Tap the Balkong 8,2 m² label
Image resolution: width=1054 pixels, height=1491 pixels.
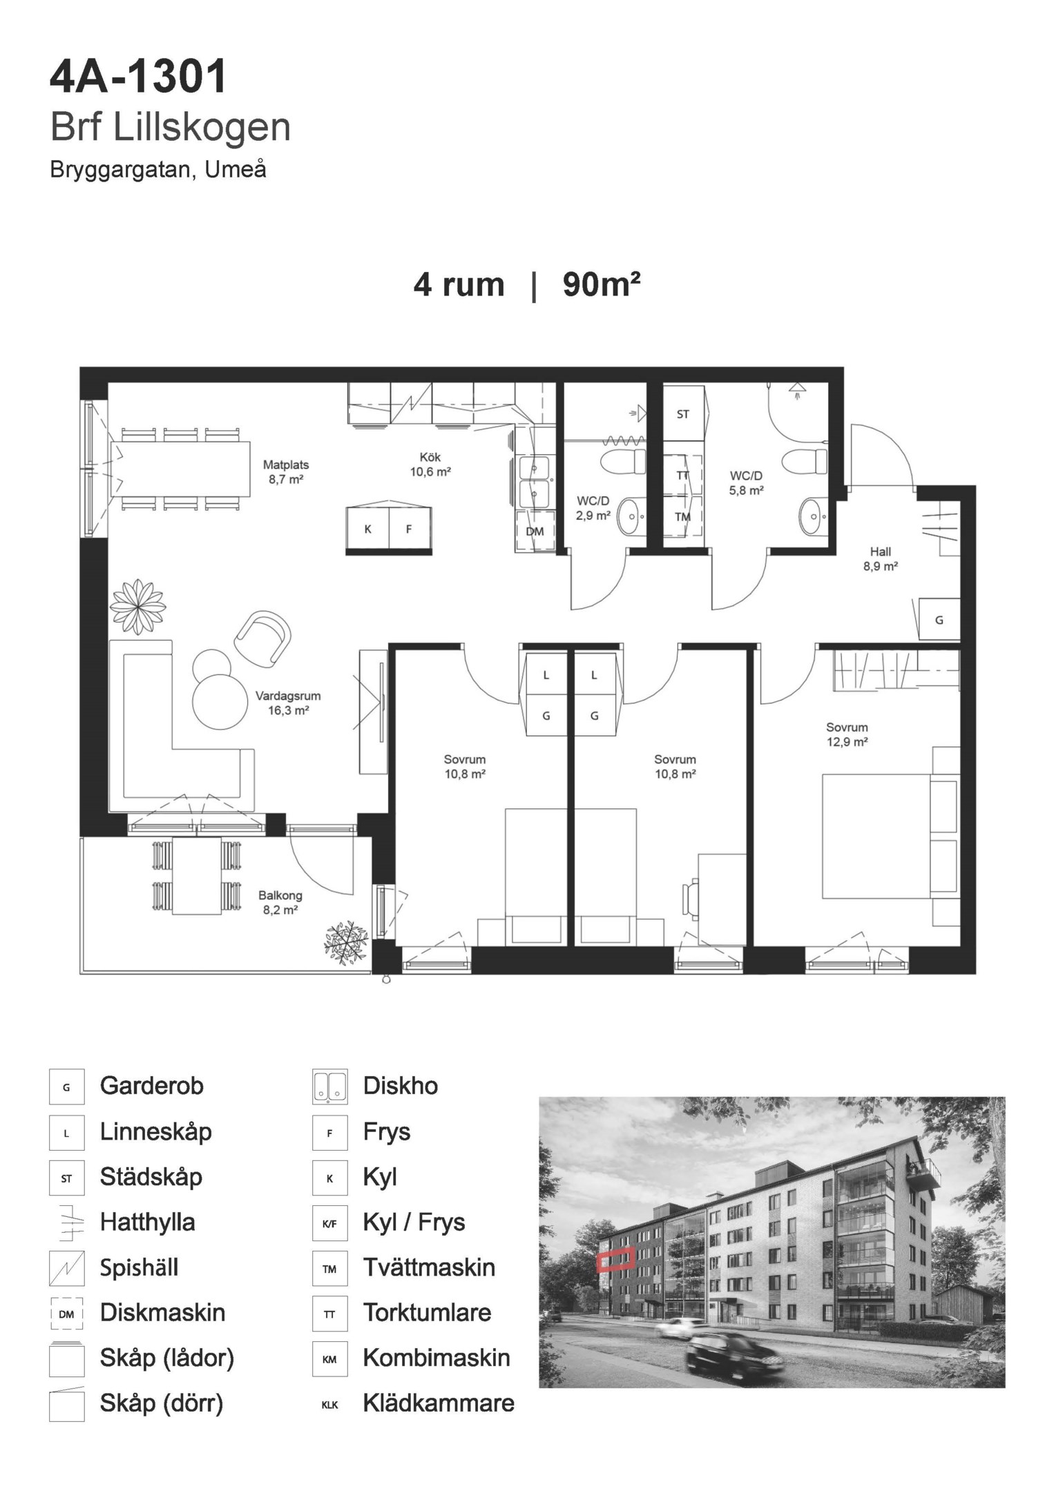pos(280,902)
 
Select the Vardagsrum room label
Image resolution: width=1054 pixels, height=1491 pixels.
pos(288,696)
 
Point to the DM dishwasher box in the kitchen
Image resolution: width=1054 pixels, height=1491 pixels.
pos(535,531)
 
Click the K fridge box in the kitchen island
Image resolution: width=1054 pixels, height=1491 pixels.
pos(368,529)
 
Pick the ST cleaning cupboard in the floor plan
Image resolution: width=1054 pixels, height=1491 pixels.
pos(682,414)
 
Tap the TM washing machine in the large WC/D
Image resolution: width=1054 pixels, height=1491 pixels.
pos(682,516)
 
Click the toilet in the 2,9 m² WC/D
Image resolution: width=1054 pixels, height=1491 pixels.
pos(622,461)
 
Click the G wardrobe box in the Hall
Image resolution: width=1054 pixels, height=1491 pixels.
pos(939,619)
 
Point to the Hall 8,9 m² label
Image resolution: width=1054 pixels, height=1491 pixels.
pos(880,559)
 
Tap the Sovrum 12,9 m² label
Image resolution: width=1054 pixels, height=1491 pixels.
pos(847,734)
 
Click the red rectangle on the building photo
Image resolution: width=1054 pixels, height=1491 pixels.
pos(615,1259)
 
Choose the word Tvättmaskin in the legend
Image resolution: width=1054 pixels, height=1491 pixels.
pos(429,1267)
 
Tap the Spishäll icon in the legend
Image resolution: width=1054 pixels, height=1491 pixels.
pos(66,1268)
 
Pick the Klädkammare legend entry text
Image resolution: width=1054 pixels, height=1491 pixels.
pos(439,1403)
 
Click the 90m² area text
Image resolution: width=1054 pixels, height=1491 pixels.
pos(602,284)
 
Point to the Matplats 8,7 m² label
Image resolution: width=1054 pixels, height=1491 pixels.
pos(286,471)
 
